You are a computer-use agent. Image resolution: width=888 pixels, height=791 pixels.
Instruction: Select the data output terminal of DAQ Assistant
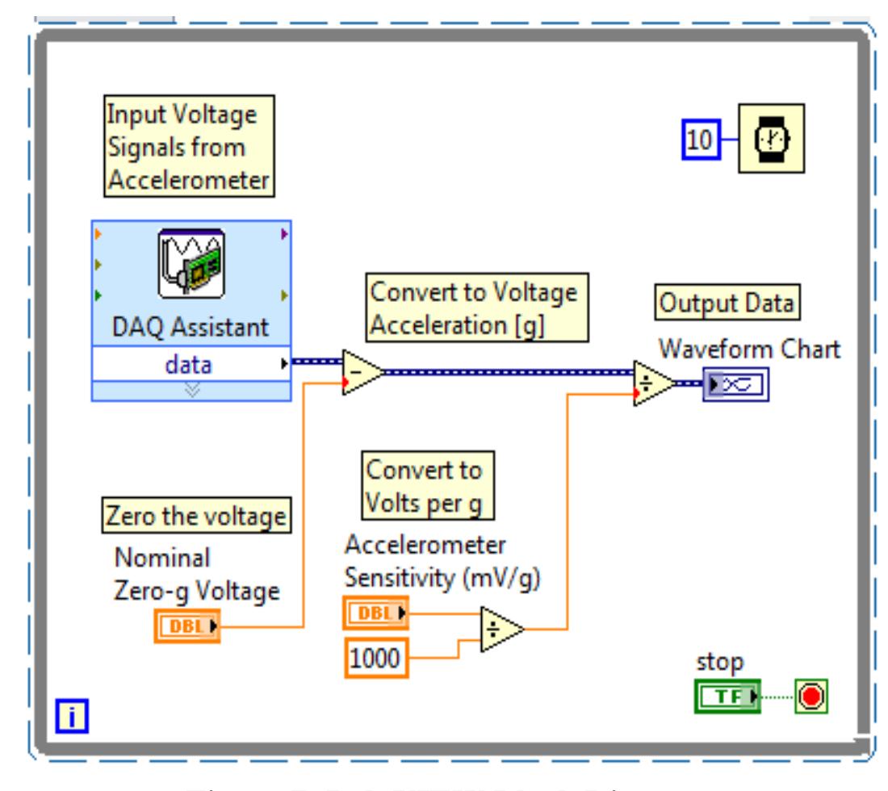pos(191,365)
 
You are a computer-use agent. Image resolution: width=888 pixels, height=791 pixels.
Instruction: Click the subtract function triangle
pos(358,373)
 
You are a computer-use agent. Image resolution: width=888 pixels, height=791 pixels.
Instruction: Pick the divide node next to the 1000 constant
pos(500,628)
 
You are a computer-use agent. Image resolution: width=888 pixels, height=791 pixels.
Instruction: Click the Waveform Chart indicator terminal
pos(735,385)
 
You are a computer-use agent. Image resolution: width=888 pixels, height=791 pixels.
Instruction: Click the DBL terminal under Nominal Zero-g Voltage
pos(186,626)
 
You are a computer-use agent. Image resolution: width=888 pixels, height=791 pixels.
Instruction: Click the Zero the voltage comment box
pos(196,517)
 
